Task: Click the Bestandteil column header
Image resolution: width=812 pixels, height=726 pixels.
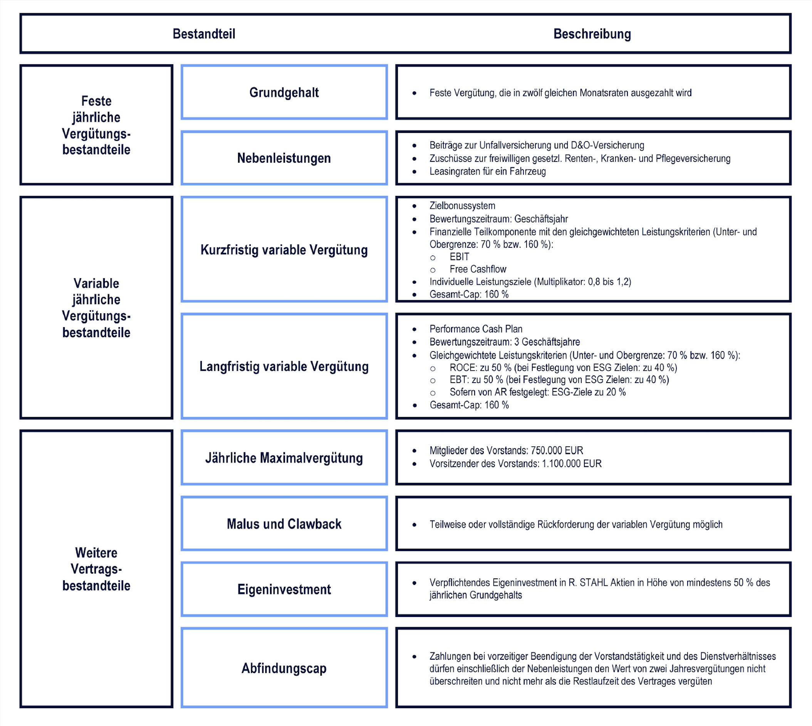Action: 204,34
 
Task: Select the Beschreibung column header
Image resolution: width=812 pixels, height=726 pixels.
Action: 592,34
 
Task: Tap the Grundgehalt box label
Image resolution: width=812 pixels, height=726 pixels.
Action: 284,92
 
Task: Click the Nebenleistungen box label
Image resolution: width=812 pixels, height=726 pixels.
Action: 284,158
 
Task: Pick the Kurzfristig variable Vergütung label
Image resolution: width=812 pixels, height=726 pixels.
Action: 284,250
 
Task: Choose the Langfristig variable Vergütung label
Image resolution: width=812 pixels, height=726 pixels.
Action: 284,366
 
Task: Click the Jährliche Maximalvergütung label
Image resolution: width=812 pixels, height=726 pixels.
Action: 284,458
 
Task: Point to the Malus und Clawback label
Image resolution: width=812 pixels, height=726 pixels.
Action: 284,524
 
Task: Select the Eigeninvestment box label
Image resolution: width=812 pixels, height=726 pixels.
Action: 284,590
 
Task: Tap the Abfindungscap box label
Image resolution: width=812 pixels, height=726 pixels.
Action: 284,668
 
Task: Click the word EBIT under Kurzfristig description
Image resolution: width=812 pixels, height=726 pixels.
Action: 460,257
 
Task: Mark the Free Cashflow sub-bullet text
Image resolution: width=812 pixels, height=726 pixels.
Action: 478,269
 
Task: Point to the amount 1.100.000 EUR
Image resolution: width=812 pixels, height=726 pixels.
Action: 572,464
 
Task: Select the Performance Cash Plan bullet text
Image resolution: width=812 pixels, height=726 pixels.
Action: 476,329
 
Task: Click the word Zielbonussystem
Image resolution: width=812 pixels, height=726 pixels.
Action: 462,206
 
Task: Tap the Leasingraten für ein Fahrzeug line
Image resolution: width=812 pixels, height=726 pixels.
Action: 487,171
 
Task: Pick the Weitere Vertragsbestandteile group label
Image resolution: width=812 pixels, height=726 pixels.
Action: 96,569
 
